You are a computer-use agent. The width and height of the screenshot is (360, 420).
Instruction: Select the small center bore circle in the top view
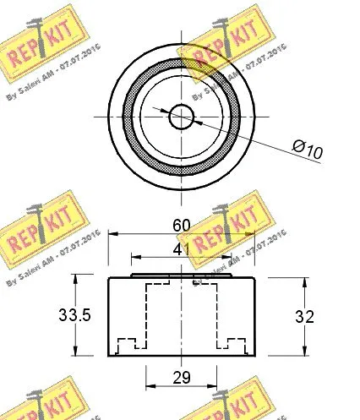click(x=182, y=116)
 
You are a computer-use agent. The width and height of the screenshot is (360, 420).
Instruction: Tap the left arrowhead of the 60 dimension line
click(x=112, y=236)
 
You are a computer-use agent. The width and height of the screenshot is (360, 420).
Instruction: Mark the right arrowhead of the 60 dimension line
click(x=252, y=236)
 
